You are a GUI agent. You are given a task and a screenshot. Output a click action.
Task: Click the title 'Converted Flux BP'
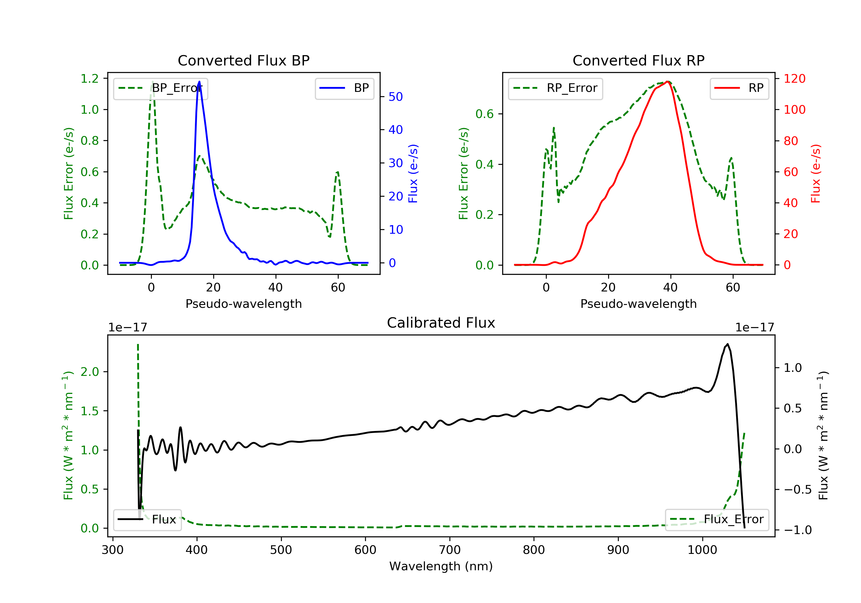tap(243, 60)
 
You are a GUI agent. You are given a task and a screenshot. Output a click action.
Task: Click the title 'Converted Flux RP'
tap(638, 60)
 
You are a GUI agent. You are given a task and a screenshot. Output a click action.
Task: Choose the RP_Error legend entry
tap(555, 88)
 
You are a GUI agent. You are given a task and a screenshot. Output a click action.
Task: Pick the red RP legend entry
tap(739, 88)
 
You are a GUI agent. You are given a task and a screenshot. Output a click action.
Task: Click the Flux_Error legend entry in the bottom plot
tap(717, 519)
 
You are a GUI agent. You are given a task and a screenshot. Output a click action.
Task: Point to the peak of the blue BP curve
tap(199, 82)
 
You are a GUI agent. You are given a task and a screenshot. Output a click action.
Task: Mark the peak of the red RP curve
tap(668, 82)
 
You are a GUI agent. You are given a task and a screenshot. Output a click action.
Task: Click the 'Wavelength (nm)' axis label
tap(441, 566)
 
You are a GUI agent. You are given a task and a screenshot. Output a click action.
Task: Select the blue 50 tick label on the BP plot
tap(395, 97)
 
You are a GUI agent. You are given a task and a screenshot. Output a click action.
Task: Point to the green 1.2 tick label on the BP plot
tap(90, 78)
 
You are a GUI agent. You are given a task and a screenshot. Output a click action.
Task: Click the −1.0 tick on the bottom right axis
tap(798, 530)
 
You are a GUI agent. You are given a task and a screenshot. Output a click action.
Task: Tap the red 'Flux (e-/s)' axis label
tap(816, 174)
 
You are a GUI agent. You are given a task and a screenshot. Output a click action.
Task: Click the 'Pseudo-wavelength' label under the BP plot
tap(244, 304)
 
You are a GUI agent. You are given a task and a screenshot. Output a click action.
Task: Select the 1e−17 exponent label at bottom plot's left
tap(127, 328)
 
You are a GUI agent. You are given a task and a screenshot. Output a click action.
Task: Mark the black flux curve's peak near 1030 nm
tap(728, 344)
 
